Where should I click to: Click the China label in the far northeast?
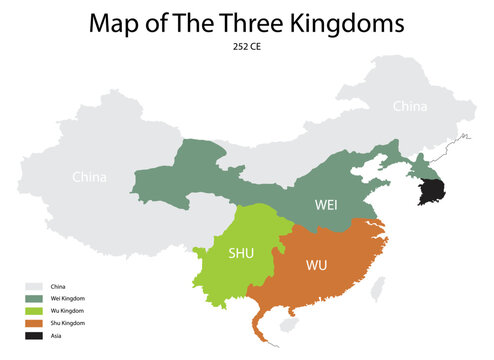pos(409,105)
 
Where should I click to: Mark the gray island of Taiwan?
pos(377,289)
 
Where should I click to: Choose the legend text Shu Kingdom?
pos(66,323)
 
